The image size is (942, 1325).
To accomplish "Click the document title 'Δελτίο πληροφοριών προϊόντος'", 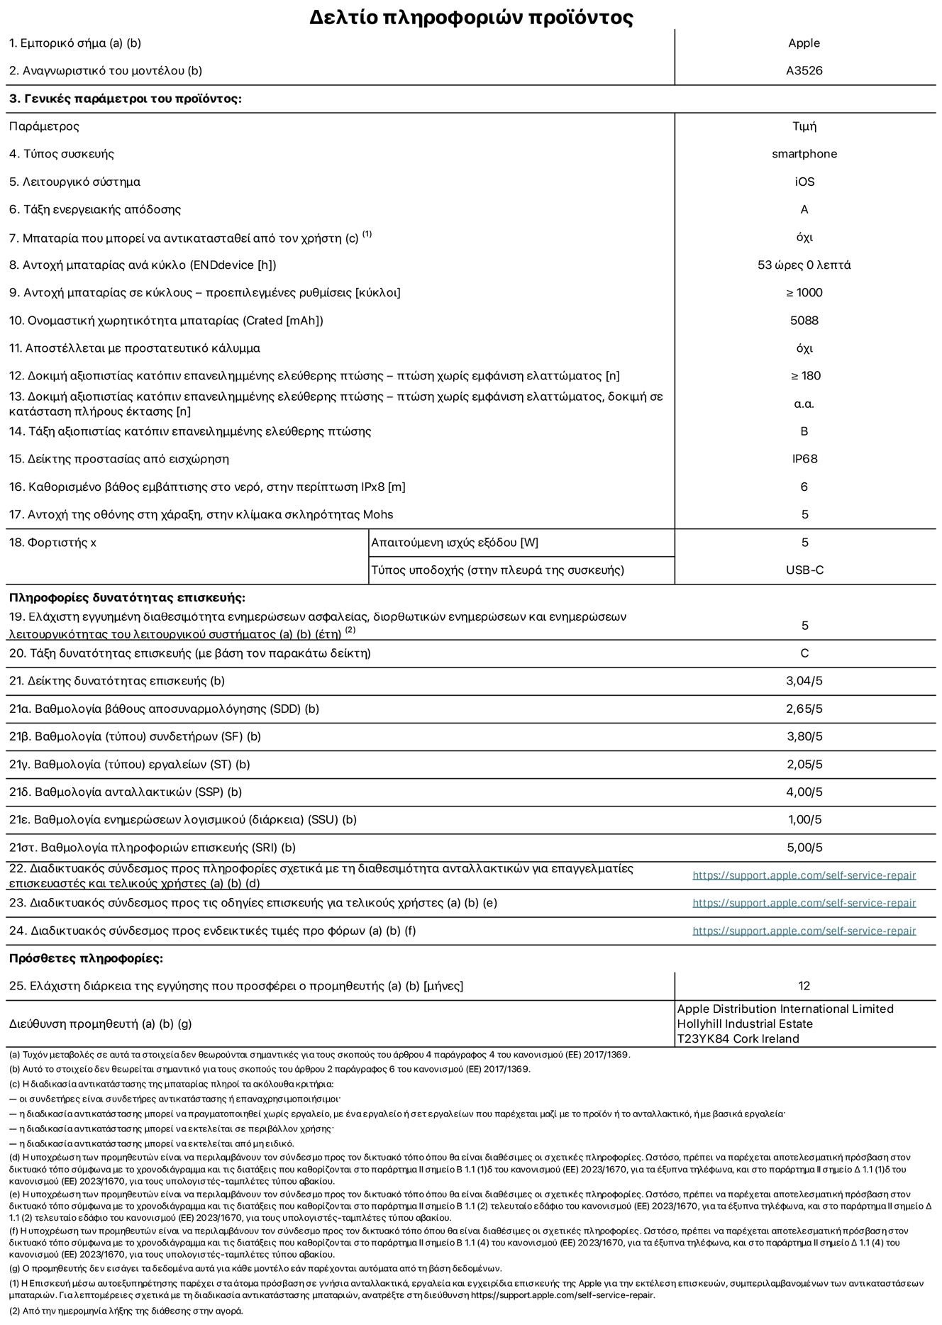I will pyautogui.click(x=471, y=17).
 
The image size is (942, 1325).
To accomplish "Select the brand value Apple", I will pyautogui.click(x=804, y=43).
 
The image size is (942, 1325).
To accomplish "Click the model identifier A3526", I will pyautogui.click(x=804, y=71).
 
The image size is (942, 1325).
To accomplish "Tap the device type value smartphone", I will pyautogui.click(x=804, y=154).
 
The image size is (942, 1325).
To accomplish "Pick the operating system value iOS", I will pyautogui.click(x=804, y=182).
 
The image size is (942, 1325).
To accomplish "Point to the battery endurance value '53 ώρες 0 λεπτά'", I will pyautogui.click(x=804, y=265).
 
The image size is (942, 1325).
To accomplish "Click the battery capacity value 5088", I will pyautogui.click(x=804, y=321).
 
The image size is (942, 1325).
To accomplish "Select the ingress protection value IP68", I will pyautogui.click(x=804, y=459).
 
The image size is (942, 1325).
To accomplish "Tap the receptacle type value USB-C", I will pyautogui.click(x=804, y=570).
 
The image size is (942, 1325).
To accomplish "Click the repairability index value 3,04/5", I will pyautogui.click(x=804, y=681).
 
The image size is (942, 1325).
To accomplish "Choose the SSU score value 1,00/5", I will pyautogui.click(x=804, y=820).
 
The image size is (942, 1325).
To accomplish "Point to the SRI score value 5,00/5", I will pyautogui.click(x=804, y=848).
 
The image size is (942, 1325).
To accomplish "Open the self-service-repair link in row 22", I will pyautogui.click(x=804, y=875).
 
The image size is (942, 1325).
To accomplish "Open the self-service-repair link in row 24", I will pyautogui.click(x=804, y=931).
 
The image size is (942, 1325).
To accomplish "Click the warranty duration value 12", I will pyautogui.click(x=804, y=986).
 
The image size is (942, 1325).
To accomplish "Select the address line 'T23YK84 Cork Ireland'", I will pyautogui.click(x=738, y=1039).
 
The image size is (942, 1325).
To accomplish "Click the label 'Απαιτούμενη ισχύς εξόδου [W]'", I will pyautogui.click(x=455, y=543).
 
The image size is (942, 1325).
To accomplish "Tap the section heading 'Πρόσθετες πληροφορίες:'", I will pyautogui.click(x=86, y=958).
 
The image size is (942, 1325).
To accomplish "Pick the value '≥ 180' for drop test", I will pyautogui.click(x=804, y=376).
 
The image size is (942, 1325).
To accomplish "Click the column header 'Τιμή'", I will pyautogui.click(x=804, y=126).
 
